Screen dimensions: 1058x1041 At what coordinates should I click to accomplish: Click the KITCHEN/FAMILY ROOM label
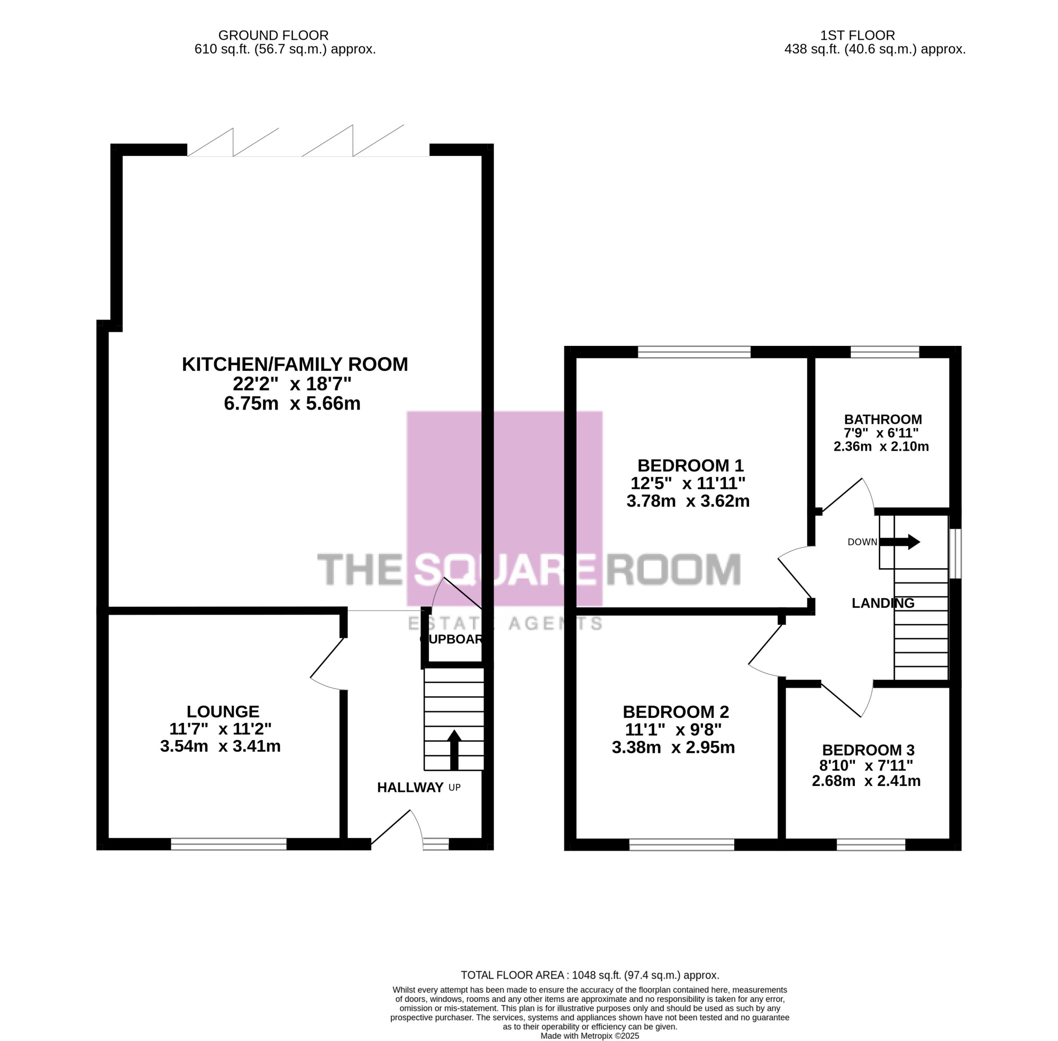295,364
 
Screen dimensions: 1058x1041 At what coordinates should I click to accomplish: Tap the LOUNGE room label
223,711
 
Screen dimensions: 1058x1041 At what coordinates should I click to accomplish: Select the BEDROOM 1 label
690,465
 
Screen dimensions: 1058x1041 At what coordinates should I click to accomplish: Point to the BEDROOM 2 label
676,712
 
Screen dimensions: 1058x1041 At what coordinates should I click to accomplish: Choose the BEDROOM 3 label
868,750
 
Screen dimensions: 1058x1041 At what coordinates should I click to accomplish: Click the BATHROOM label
883,419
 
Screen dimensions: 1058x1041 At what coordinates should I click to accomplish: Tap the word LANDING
883,603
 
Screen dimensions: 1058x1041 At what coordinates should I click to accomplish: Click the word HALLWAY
410,787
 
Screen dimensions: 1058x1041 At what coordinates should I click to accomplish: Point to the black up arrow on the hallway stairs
454,749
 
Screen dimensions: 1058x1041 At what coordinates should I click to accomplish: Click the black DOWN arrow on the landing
900,542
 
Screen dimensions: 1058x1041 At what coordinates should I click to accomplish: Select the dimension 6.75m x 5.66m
293,404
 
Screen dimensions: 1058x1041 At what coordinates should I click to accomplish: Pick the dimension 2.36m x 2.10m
881,446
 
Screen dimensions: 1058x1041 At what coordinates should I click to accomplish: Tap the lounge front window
229,845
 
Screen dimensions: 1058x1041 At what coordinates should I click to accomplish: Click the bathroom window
884,352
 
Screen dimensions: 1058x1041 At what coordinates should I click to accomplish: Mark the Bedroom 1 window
694,352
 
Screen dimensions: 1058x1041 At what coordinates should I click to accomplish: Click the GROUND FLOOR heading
273,35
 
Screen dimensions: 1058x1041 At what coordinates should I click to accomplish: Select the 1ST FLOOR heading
858,35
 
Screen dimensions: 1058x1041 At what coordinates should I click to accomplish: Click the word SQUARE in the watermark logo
504,569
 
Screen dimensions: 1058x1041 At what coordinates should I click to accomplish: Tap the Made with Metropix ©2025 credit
589,1036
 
